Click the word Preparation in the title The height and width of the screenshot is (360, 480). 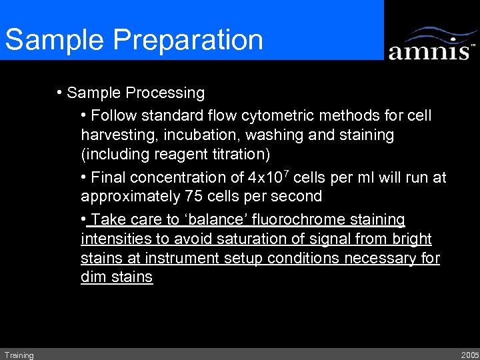click(189, 40)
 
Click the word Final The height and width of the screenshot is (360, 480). click(109, 177)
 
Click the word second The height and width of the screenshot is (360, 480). click(297, 197)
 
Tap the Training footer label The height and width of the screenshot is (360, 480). click(19, 355)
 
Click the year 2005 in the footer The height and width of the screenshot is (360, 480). click(469, 355)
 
